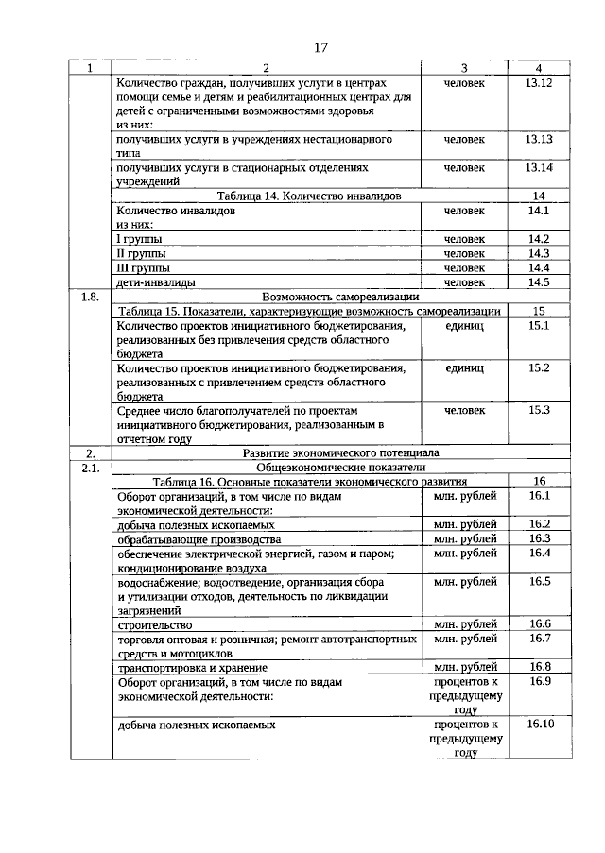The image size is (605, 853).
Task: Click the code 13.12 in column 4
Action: coord(538,83)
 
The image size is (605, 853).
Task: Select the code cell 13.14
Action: coord(538,167)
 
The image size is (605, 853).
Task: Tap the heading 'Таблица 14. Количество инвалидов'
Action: coord(309,196)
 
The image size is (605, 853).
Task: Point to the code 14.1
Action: coord(538,211)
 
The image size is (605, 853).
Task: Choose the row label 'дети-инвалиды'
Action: coord(157,281)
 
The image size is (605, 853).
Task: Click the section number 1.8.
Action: coord(90,296)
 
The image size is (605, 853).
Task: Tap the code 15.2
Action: coord(539,367)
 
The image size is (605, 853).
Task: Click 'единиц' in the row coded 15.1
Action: coord(464,325)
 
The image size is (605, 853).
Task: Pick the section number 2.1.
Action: coord(90,467)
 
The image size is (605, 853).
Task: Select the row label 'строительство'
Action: coord(155,624)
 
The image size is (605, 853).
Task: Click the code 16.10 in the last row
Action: coord(540,724)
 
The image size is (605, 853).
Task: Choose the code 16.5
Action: coord(540,581)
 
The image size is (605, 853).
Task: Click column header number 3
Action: coord(464,68)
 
